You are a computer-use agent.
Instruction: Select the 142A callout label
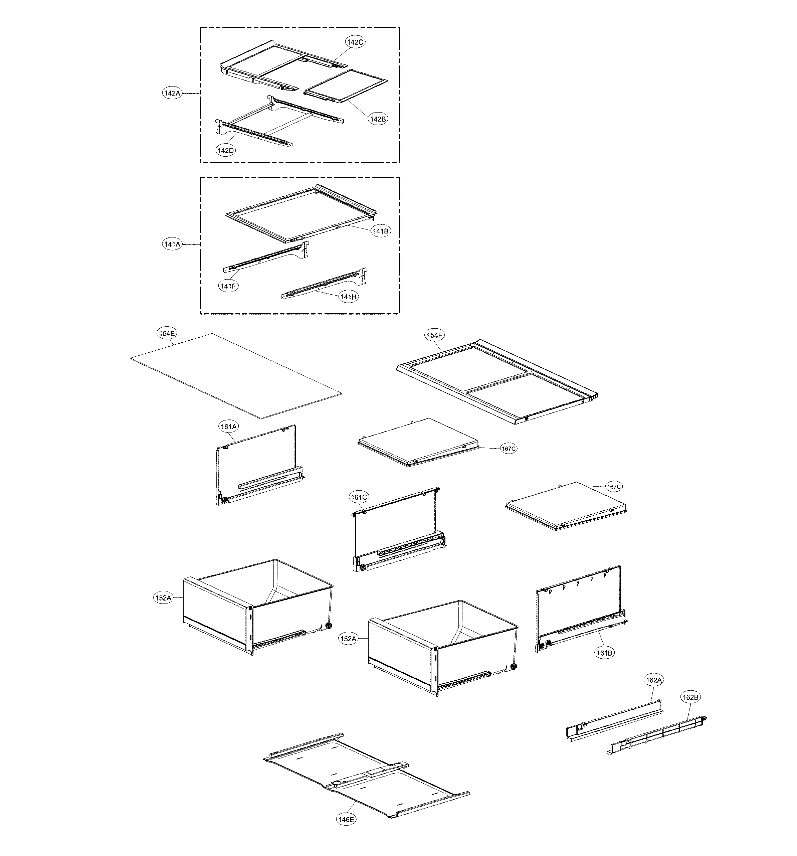pyautogui.click(x=172, y=93)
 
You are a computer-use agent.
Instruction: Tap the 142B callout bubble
pyautogui.click(x=377, y=119)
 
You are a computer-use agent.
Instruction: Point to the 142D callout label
pyautogui.click(x=226, y=150)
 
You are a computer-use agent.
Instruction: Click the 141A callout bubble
pyautogui.click(x=172, y=244)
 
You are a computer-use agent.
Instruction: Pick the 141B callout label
pyautogui.click(x=381, y=231)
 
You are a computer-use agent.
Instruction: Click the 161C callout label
pyautogui.click(x=359, y=497)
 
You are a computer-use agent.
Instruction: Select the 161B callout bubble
pyautogui.click(x=605, y=653)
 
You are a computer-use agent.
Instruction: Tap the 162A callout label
pyautogui.click(x=653, y=680)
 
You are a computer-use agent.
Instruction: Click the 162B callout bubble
pyautogui.click(x=690, y=697)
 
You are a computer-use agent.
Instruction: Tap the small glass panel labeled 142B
pyautogui.click(x=345, y=86)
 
